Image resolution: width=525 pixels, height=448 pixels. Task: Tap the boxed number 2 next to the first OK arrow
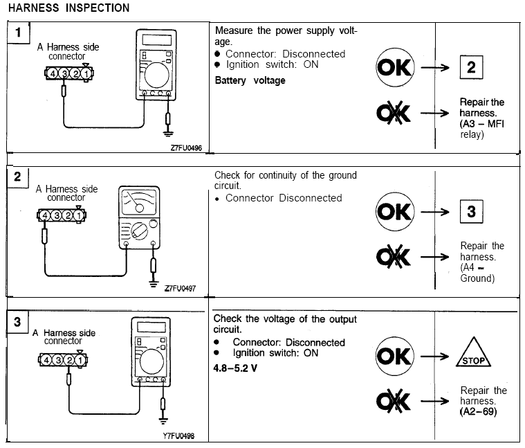(x=470, y=68)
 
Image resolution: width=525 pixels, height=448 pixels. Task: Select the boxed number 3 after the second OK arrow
(x=470, y=211)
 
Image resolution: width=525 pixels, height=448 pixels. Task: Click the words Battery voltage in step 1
(x=250, y=80)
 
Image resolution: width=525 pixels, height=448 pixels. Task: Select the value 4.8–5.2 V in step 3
(x=235, y=367)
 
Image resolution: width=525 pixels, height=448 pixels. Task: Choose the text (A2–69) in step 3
(x=478, y=413)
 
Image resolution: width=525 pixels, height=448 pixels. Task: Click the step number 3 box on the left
(x=17, y=322)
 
